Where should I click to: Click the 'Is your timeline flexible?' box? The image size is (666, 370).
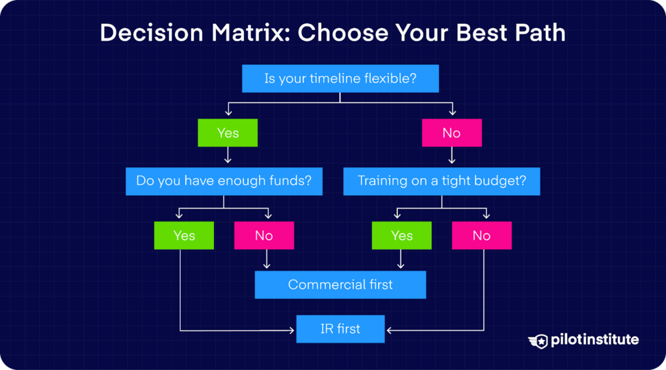[340, 79]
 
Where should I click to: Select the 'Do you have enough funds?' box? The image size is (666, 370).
[224, 181]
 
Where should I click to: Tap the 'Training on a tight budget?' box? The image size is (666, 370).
[442, 181]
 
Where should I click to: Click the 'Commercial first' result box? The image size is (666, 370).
[340, 285]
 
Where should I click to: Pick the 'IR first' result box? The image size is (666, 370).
[340, 329]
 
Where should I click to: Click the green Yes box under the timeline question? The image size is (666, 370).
[228, 133]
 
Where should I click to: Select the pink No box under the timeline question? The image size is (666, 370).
[452, 133]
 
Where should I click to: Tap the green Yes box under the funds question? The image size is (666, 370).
[184, 235]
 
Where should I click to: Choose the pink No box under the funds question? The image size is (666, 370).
[264, 235]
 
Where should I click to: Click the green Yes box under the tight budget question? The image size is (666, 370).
[402, 235]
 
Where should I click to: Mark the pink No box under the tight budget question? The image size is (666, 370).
[482, 235]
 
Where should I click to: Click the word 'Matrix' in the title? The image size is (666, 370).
[251, 33]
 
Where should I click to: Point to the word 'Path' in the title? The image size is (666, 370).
[540, 33]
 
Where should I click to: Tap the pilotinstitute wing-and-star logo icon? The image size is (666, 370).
[538, 341]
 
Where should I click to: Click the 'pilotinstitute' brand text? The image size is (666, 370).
[594, 340]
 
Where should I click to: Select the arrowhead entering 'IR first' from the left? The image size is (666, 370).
[292, 330]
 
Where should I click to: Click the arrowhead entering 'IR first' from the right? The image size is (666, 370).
[390, 330]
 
